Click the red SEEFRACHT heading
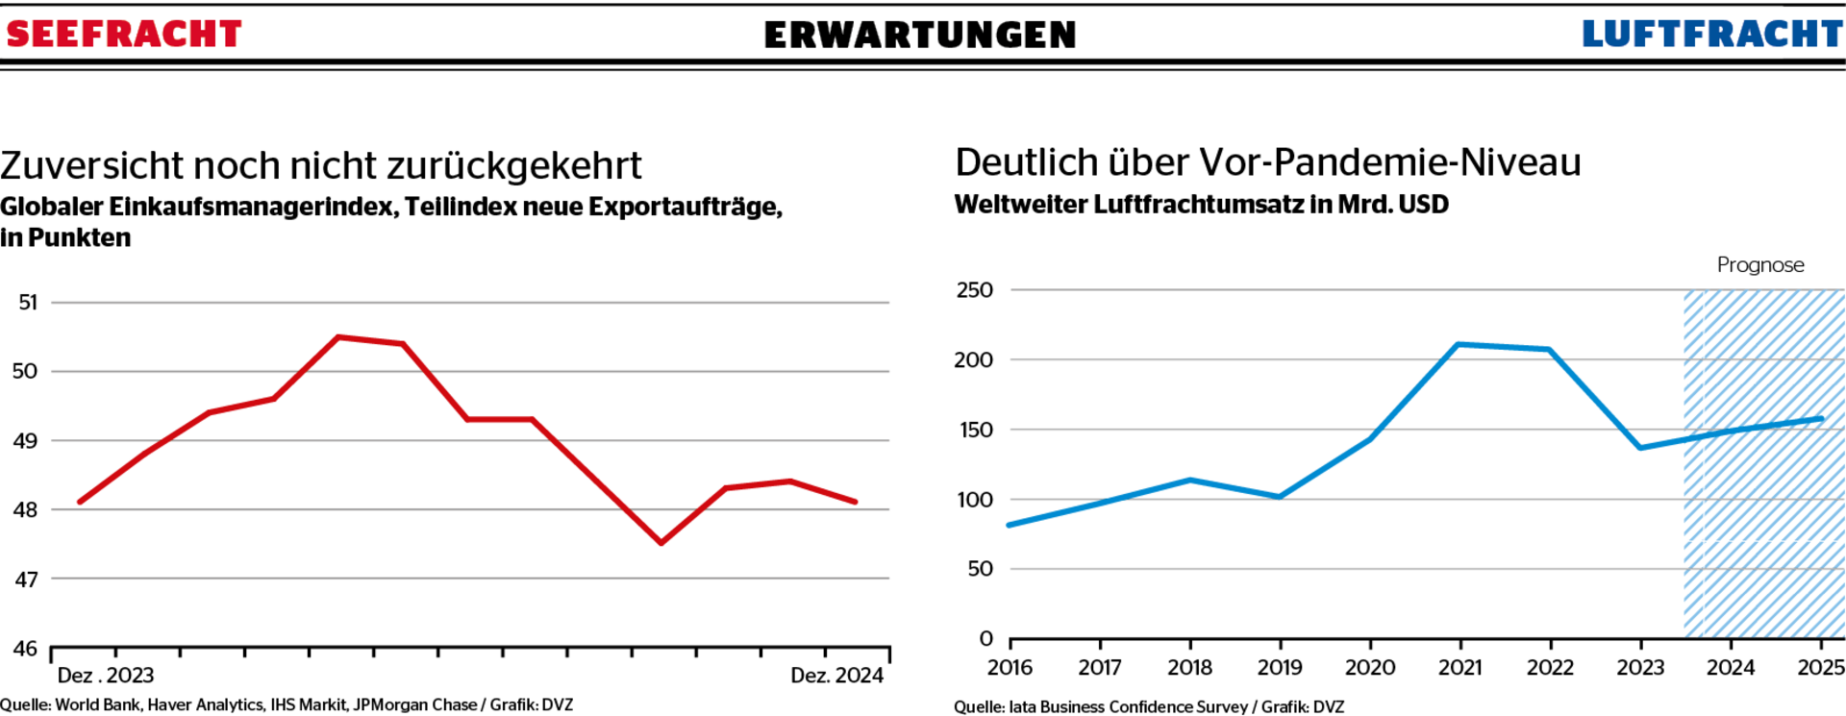[123, 35]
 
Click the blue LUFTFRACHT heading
[1712, 35]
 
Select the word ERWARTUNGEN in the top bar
[920, 36]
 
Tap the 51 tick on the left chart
[28, 303]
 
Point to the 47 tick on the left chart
[26, 580]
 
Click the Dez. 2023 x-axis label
[106, 676]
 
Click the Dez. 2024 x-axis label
[836, 676]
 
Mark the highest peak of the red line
[337, 336]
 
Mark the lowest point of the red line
[661, 543]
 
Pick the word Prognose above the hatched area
[1760, 265]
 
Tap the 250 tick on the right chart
[974, 290]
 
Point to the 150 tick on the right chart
[975, 431]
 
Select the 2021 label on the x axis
[1459, 668]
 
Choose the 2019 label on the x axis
[1280, 668]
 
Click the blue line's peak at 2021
[1459, 344]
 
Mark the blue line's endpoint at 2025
[1820, 419]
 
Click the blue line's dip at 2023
[1640, 448]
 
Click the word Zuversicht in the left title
[91, 166]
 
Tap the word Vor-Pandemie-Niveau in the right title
[1389, 162]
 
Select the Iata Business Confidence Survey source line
[1149, 706]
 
